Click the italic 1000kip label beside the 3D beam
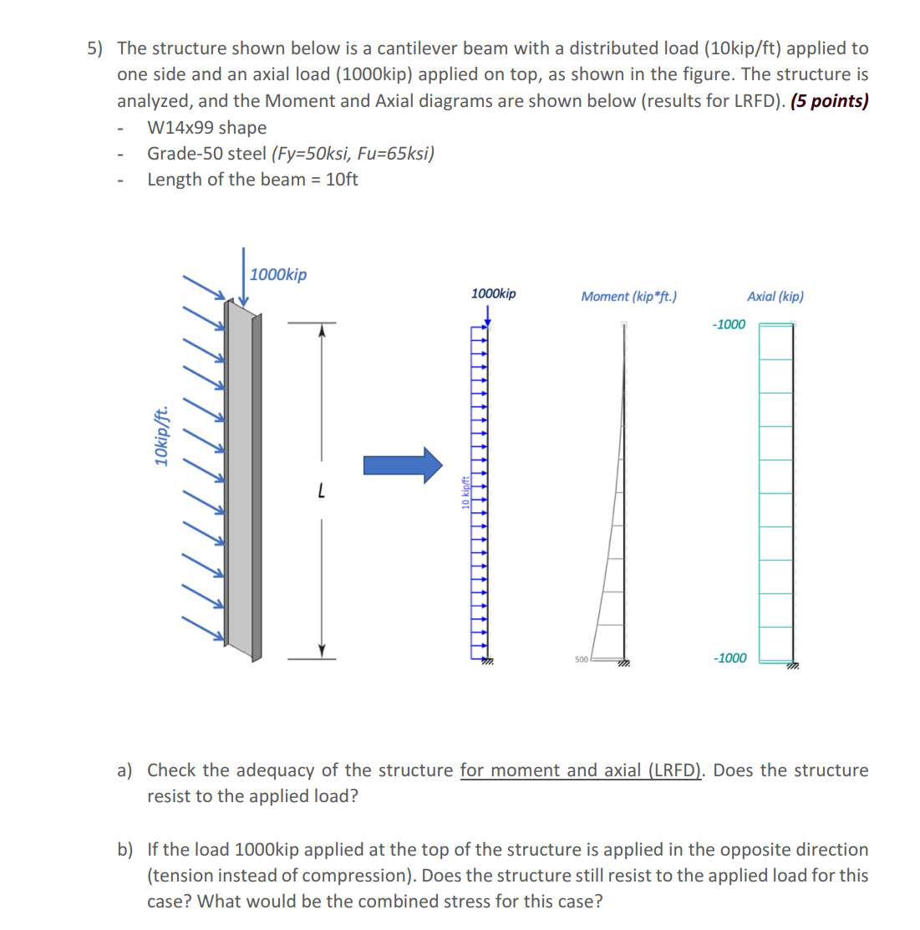click(278, 274)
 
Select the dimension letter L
click(321, 490)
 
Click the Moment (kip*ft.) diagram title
click(628, 296)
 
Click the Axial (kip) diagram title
click(775, 296)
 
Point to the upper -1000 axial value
click(728, 324)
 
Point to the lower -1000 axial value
click(729, 658)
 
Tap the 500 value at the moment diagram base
click(582, 659)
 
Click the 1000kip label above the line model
click(493, 293)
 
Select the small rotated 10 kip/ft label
click(465, 491)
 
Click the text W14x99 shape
click(206, 128)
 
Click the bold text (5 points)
click(829, 101)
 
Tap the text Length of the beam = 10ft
click(252, 180)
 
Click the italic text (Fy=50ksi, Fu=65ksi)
click(353, 154)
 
